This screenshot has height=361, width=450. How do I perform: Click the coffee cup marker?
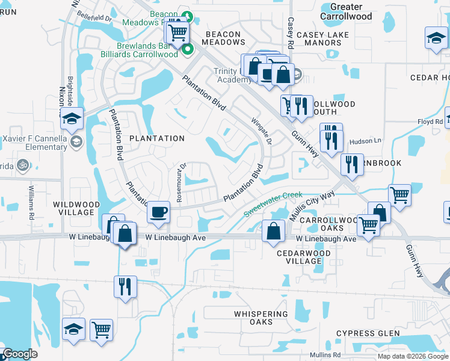(158, 212)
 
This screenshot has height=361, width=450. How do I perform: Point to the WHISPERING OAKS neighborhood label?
(261, 318)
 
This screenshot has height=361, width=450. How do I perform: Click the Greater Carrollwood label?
(347, 12)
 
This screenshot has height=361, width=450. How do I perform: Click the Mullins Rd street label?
(325, 355)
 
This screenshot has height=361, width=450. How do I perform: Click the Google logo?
(19, 354)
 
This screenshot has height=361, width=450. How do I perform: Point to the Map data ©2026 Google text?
(413, 356)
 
